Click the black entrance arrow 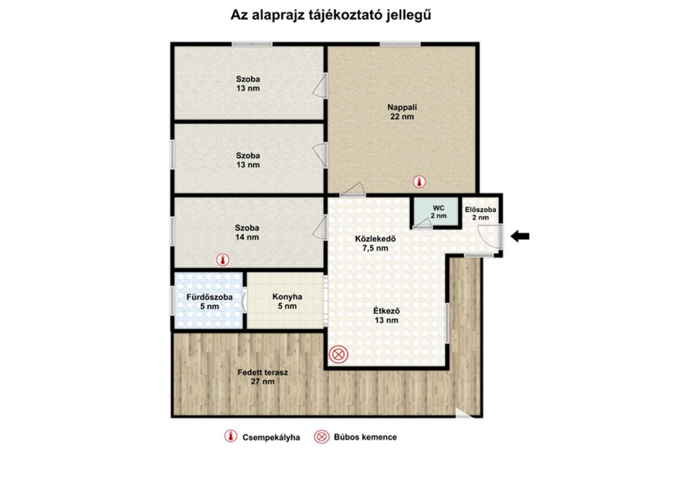click(x=520, y=236)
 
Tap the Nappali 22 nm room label click(x=402, y=112)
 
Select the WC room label click(x=438, y=212)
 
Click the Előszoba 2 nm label click(x=480, y=213)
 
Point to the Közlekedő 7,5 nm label click(x=376, y=243)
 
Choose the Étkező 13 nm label click(x=387, y=316)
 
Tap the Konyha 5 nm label click(x=287, y=301)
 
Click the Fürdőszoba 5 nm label click(x=209, y=301)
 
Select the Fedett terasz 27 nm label click(x=263, y=377)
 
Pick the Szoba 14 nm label click(x=247, y=233)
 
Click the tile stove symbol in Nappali click(x=419, y=182)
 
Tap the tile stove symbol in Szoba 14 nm click(x=222, y=260)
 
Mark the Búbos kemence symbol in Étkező click(x=339, y=354)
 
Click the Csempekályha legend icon click(x=231, y=436)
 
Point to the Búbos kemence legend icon click(x=322, y=437)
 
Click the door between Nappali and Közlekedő click(x=352, y=189)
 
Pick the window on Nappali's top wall click(x=400, y=44)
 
